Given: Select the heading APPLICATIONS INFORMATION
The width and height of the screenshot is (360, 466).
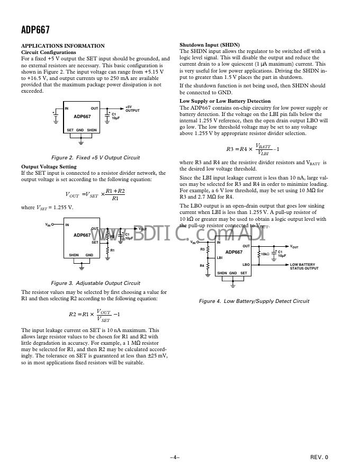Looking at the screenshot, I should [62, 46].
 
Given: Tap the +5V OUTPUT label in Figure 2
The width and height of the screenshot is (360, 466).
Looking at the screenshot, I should [132, 109].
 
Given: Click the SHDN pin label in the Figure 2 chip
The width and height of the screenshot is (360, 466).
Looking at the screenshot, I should [92, 130].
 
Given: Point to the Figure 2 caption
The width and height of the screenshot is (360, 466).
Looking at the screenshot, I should [95, 158].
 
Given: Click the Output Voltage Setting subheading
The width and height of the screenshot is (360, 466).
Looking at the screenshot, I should [49, 167].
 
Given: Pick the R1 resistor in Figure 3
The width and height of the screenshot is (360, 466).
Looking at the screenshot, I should [107, 250].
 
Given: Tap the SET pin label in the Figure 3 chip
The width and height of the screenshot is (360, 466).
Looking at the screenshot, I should [95, 243].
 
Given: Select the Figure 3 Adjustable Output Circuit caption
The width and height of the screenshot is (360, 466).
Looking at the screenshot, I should [95, 283].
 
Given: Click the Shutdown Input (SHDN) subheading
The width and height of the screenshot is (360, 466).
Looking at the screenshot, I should [210, 45].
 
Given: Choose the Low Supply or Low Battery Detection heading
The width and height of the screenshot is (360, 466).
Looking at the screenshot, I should [225, 101].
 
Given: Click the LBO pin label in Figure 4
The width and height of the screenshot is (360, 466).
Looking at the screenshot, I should [246, 264].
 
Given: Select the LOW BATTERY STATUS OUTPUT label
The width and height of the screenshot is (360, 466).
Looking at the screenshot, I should [304, 266].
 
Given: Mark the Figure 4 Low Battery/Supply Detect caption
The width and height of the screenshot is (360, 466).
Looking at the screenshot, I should [254, 301].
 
